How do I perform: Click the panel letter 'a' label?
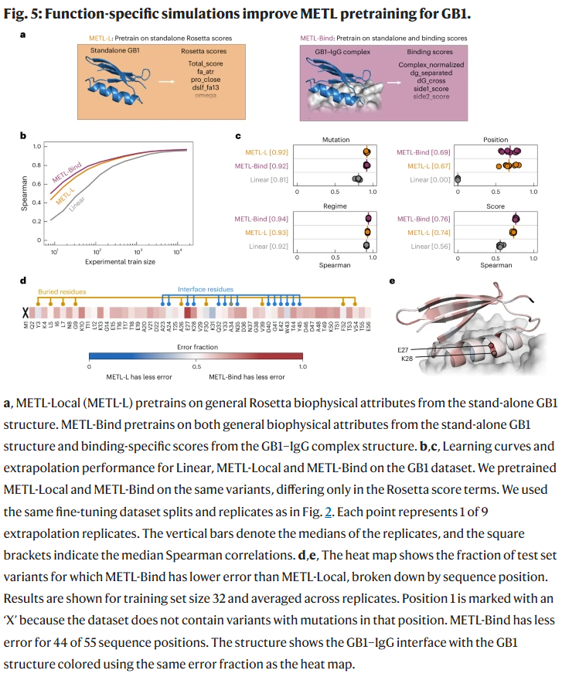[x=22, y=36]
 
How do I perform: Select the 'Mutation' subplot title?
[x=336, y=140]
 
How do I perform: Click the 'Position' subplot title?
[x=496, y=140]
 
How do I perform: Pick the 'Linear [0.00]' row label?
[x=430, y=179]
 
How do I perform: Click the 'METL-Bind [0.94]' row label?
[x=266, y=219]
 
